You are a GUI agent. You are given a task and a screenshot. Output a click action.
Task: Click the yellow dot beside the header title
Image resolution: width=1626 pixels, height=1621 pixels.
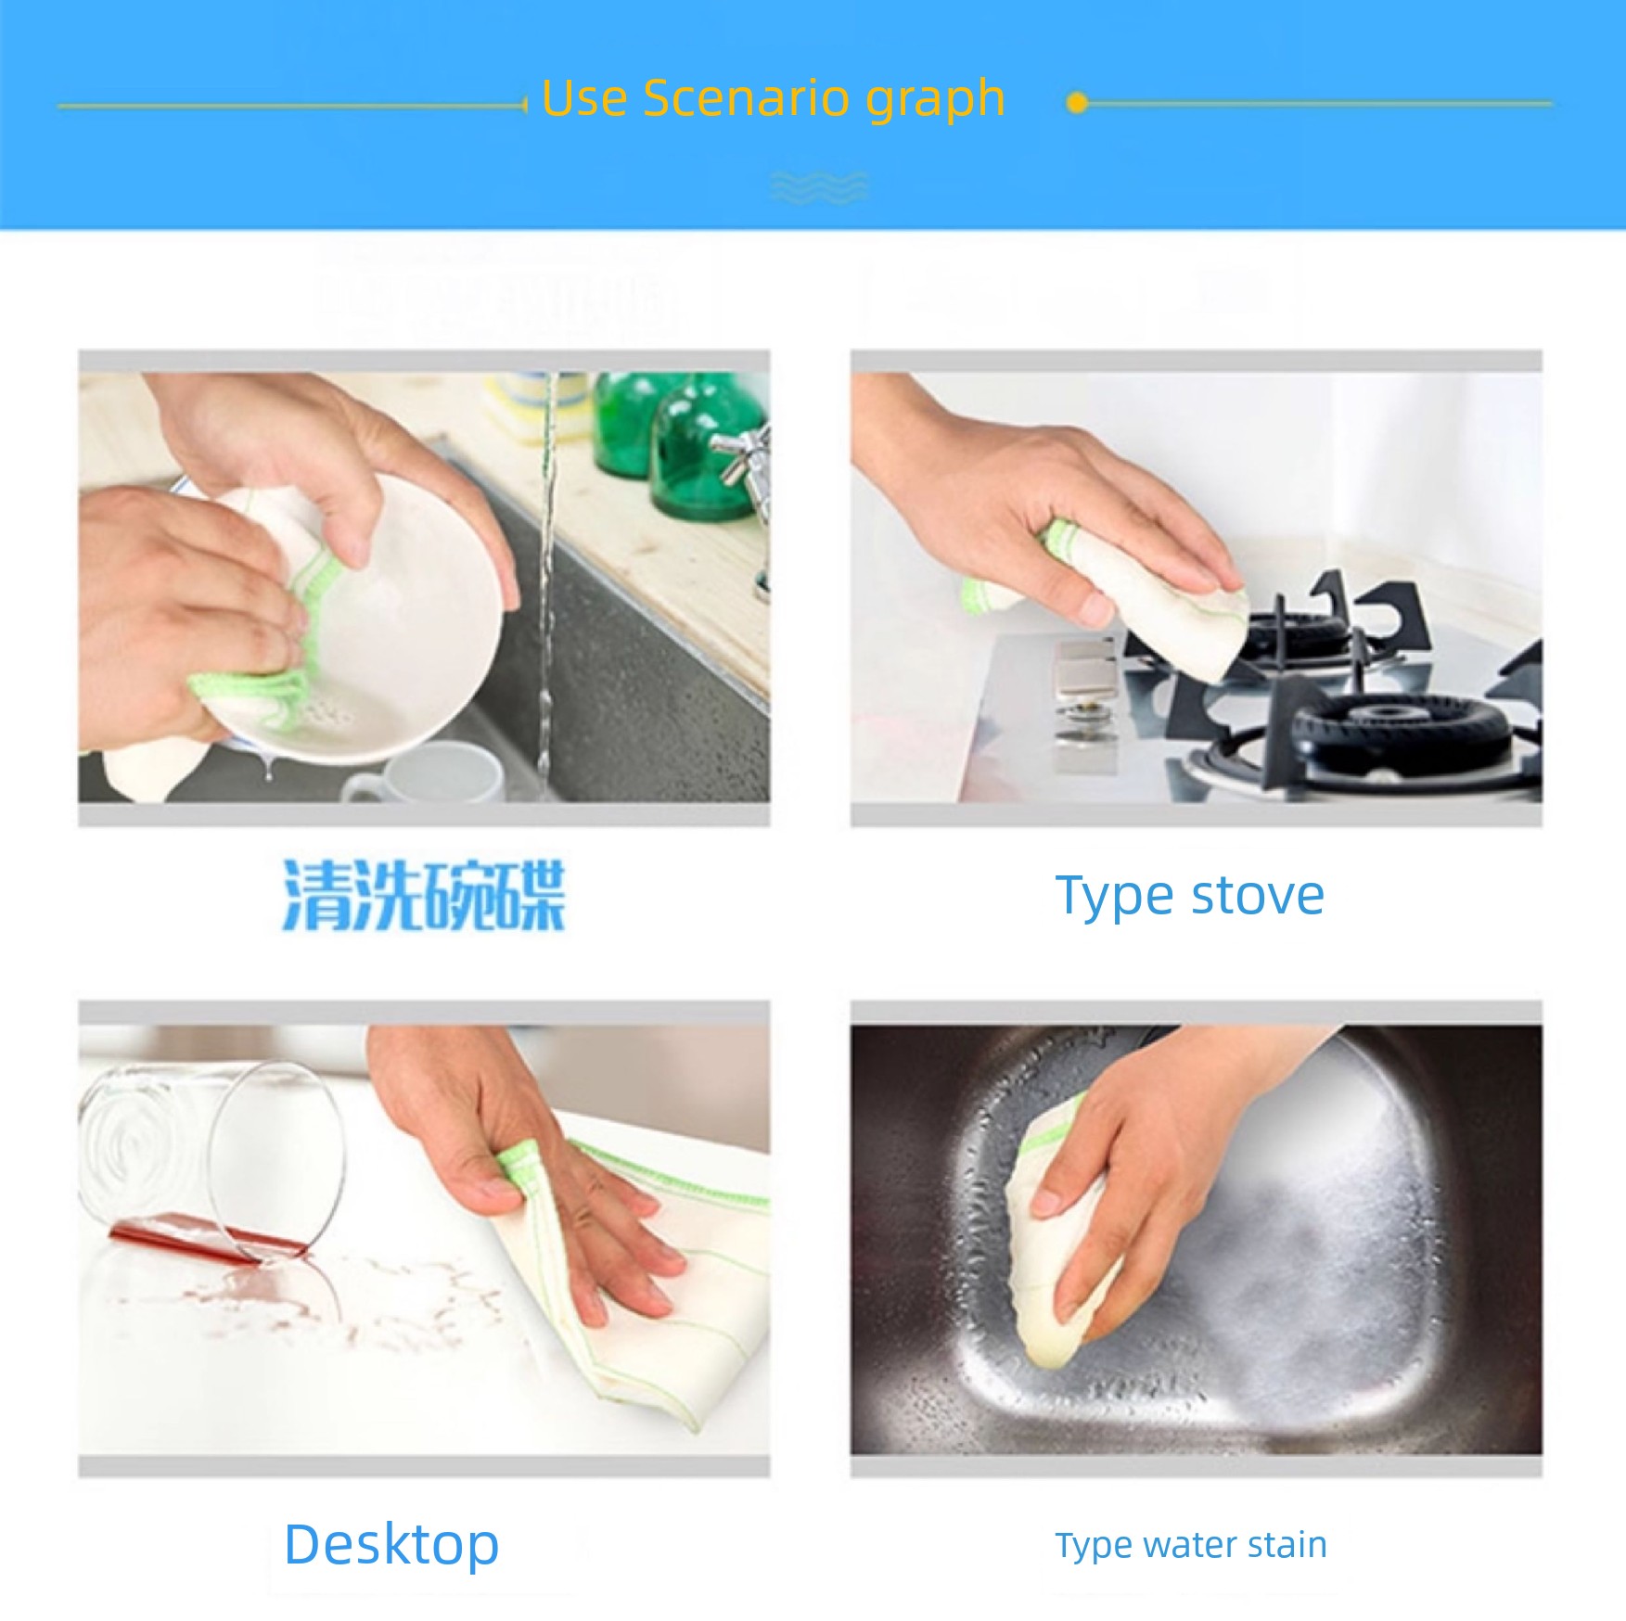[x=1077, y=103]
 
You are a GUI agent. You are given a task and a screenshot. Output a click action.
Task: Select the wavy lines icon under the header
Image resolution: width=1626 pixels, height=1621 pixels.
[x=819, y=186]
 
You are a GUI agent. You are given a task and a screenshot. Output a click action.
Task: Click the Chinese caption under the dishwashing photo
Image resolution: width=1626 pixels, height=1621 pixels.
[x=424, y=896]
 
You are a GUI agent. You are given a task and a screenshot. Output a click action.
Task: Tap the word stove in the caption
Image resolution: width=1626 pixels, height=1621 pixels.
[x=1258, y=897]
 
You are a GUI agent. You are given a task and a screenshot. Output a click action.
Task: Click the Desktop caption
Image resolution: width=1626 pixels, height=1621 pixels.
[x=391, y=1545]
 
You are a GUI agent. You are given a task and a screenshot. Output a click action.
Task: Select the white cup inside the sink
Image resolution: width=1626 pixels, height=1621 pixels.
[x=427, y=772]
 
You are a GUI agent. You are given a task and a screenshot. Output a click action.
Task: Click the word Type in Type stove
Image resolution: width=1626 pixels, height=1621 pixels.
[x=1117, y=897]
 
